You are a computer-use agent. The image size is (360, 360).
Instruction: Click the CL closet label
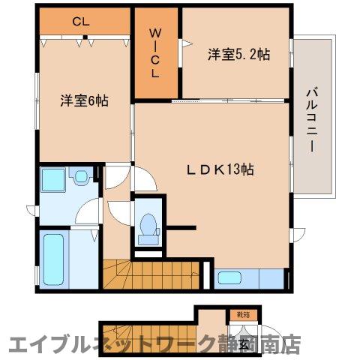[x=81, y=22]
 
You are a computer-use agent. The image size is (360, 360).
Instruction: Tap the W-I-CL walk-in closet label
[x=155, y=53]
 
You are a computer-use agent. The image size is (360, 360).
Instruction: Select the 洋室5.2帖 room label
[x=238, y=54]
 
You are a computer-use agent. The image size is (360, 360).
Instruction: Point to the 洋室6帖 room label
[x=84, y=100]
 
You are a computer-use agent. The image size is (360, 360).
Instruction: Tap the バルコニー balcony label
[x=310, y=120]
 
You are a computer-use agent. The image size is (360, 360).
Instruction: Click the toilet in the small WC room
[x=148, y=225]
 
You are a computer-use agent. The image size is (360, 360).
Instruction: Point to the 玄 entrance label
[x=244, y=345]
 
